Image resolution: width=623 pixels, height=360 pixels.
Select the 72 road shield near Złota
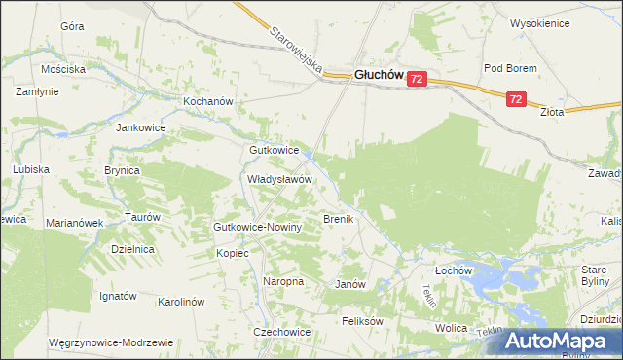pyautogui.click(x=516, y=99)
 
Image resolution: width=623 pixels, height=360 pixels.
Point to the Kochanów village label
pyautogui.click(x=209, y=101)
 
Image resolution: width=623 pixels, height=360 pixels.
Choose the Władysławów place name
pyautogui.click(x=278, y=180)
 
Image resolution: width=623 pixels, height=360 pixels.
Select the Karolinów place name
pyautogui.click(x=180, y=302)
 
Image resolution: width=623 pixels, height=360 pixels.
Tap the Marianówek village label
pyautogui.click(x=74, y=223)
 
